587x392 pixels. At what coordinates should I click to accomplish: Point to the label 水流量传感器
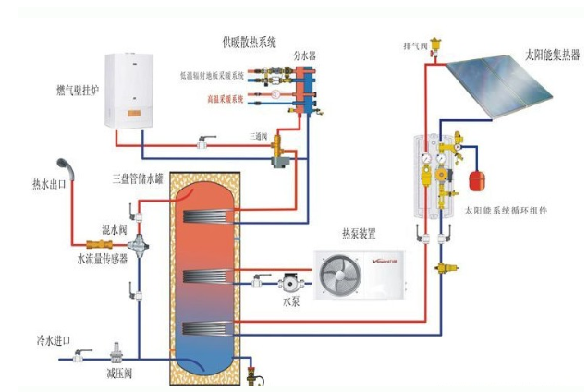(x=101, y=260)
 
